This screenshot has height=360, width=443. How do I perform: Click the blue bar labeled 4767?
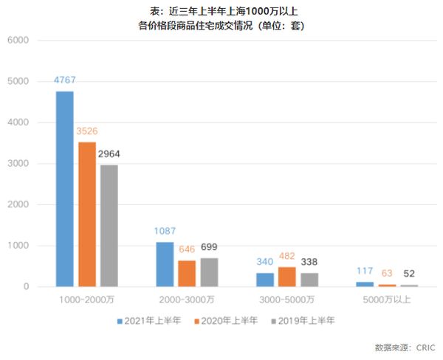coord(64,188)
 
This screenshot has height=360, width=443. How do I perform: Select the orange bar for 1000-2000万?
coord(86,214)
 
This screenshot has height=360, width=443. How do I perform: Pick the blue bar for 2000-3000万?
coord(165,264)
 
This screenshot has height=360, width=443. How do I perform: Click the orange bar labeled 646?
coord(187,273)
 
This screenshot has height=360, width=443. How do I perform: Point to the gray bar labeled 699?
coord(209,272)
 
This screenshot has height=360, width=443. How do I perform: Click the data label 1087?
coord(165,232)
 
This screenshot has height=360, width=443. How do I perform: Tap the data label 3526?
coord(86,131)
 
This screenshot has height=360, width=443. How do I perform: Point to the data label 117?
coord(365,271)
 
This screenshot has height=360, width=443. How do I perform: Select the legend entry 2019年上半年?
coord(303,321)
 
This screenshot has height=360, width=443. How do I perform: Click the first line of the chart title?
coord(221,10)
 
